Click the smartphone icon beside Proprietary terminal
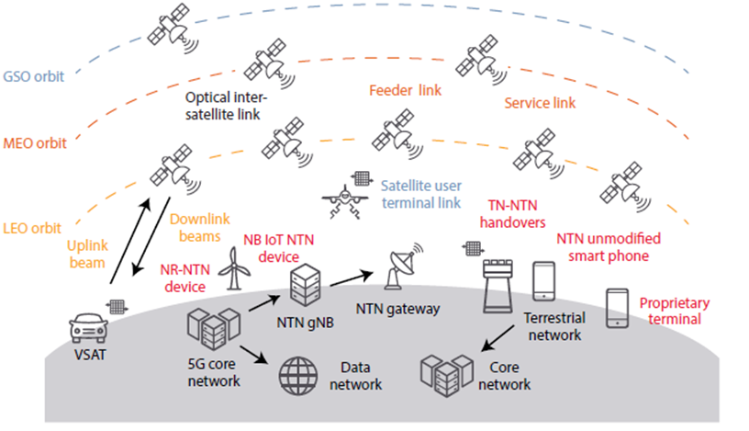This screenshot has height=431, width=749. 617,309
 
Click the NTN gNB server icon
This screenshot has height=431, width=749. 301,286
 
